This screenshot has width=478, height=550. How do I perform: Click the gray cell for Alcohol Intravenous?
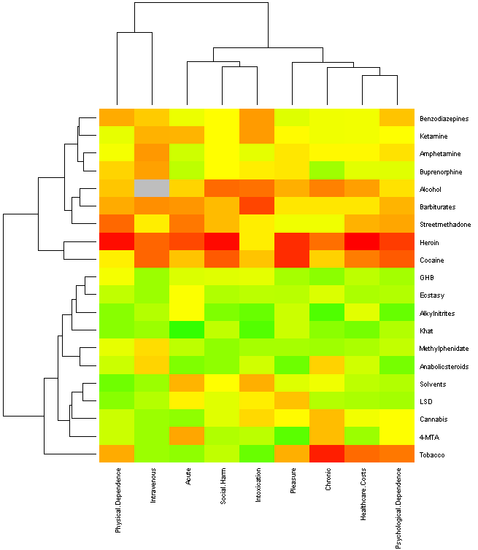click(x=152, y=189)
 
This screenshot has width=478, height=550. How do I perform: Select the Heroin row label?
click(x=431, y=242)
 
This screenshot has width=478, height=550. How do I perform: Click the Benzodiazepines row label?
click(x=444, y=118)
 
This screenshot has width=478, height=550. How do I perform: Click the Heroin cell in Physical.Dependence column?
click(x=116, y=242)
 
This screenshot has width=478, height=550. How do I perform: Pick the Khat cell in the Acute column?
click(x=187, y=331)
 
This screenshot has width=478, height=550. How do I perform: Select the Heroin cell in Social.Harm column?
click(x=223, y=242)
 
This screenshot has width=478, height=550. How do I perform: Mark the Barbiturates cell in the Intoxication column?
click(x=258, y=206)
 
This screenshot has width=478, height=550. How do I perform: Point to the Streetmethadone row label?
click(x=444, y=225)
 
